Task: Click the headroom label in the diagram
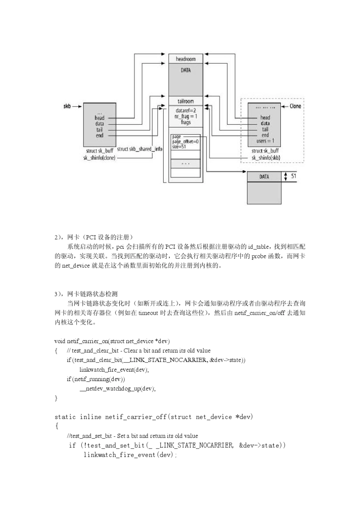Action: point(186,59)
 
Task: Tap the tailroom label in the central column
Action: point(186,101)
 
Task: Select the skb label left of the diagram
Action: point(67,106)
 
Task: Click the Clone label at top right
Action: point(296,106)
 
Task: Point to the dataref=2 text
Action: point(186,111)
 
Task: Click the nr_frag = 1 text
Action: point(186,116)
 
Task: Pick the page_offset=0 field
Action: point(185,141)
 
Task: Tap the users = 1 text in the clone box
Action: point(265,141)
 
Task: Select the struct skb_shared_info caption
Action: point(139,149)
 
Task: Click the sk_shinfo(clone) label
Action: point(99,158)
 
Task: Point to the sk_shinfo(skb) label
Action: point(266,158)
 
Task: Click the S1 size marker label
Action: point(294,176)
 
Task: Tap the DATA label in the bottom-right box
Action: point(264,177)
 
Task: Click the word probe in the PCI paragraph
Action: point(259,256)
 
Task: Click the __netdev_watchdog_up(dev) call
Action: point(117,388)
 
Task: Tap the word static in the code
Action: point(65,417)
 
